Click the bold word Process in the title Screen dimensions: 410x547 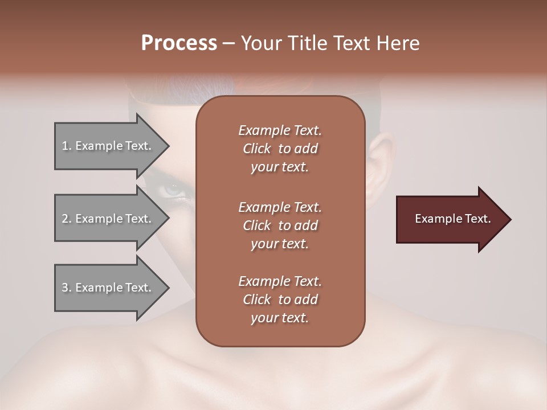179,43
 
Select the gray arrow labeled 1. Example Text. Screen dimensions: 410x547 108,146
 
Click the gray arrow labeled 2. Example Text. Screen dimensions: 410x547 108,219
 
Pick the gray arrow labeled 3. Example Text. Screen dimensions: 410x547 108,288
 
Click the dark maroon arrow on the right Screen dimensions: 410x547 450,219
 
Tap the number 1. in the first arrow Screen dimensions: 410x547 67,146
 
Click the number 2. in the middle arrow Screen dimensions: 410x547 67,219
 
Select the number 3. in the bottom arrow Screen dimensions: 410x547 67,288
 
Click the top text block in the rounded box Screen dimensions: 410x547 280,149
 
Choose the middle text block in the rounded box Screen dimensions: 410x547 280,225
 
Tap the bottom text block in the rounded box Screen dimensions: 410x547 280,300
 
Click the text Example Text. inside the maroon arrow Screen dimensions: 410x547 452,219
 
